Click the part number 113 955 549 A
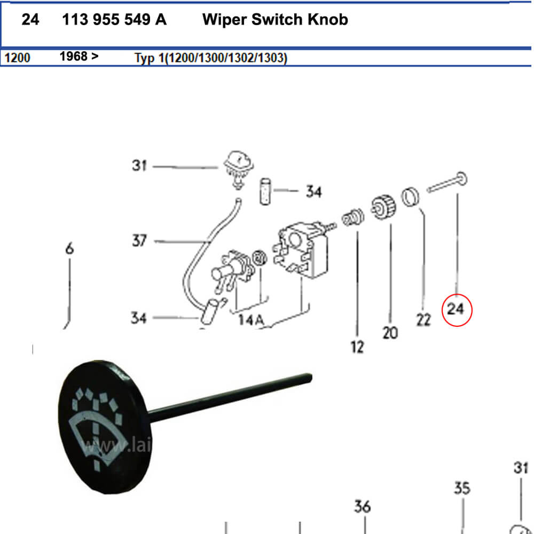click(x=114, y=20)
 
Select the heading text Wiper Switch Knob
click(x=275, y=20)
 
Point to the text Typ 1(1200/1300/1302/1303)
click(x=211, y=58)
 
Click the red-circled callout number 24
click(x=457, y=309)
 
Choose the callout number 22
click(x=423, y=319)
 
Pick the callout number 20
click(x=390, y=333)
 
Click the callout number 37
click(x=139, y=241)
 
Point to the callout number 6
click(x=69, y=249)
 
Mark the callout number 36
click(x=362, y=506)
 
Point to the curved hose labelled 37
click(x=206, y=246)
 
